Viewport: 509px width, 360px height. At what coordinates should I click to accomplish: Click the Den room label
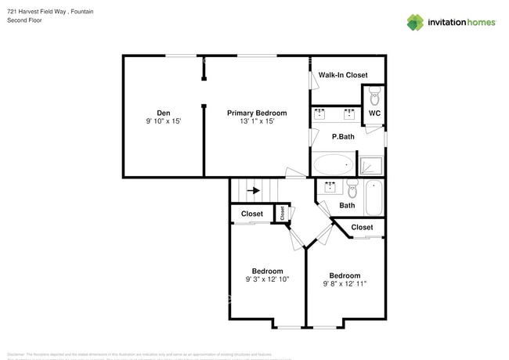163,113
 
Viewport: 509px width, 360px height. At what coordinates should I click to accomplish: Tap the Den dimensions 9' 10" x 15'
163,122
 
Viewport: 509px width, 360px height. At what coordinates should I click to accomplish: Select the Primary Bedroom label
257,113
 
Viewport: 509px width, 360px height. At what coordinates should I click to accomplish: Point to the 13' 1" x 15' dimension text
257,122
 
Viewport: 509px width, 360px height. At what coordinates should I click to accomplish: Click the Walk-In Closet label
343,75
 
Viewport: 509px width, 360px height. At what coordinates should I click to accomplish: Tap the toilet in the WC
374,97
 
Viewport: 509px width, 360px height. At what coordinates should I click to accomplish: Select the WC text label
374,113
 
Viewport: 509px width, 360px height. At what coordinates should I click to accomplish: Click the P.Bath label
343,137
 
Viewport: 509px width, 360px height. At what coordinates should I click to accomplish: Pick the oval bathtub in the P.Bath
333,164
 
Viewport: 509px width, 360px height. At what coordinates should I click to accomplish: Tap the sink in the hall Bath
330,188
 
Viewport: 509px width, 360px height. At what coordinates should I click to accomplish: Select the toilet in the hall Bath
352,189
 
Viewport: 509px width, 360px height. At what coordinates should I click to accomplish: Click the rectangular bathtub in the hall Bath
374,197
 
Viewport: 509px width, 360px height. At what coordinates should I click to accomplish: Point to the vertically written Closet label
283,212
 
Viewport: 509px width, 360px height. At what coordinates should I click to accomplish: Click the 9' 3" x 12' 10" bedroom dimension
268,279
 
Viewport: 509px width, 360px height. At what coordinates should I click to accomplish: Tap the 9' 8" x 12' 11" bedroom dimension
345,284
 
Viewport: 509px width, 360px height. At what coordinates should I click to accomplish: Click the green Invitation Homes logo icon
415,22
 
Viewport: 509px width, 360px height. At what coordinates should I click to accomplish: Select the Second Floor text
24,20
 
